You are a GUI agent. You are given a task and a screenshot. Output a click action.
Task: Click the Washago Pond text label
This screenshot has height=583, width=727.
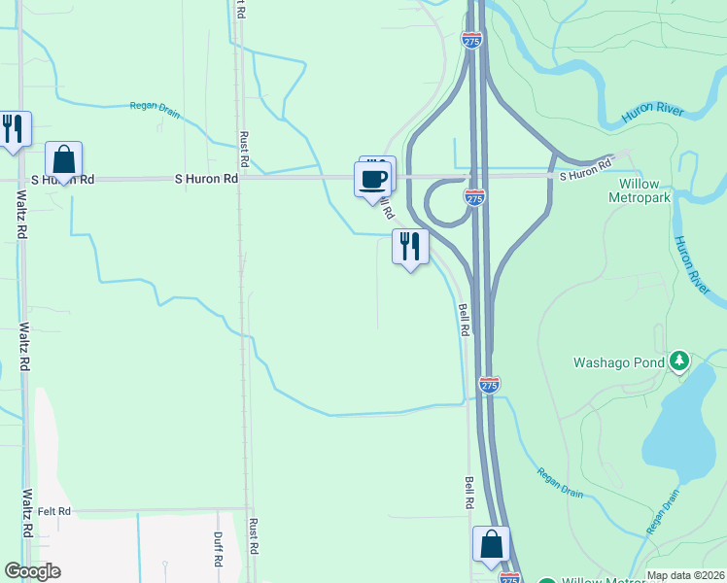[617, 363]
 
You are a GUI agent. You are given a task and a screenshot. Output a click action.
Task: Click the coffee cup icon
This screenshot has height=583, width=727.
[373, 178]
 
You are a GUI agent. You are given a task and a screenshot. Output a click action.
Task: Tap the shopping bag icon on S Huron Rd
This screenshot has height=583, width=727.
[63, 158]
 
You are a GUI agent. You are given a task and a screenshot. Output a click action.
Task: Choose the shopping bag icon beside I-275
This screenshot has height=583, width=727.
[491, 544]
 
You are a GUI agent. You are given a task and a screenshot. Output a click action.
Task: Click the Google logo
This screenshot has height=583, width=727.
[32, 571]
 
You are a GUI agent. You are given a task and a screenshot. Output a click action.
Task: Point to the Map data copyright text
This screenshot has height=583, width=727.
[684, 575]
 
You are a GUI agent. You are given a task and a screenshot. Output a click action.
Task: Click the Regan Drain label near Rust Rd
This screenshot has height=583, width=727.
[156, 110]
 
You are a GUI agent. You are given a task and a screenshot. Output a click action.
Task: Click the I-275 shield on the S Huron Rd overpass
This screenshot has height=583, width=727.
[473, 197]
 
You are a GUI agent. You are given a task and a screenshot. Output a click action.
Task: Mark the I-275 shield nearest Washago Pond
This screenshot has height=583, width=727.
[489, 385]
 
